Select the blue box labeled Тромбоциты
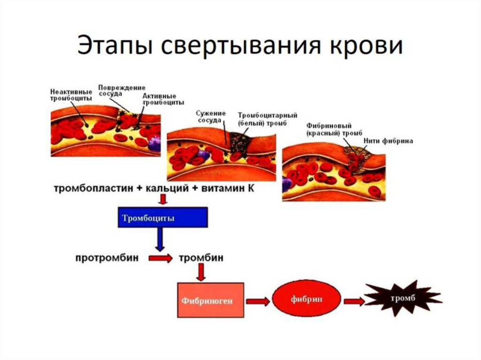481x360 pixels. click(162, 218)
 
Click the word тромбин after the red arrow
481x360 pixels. click(201, 258)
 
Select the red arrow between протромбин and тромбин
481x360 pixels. click(161, 259)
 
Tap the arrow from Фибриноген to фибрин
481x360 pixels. click(258, 300)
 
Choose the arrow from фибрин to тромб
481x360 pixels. click(354, 300)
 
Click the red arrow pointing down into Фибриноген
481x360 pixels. click(202, 272)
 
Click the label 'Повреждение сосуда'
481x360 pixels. click(122, 90)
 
